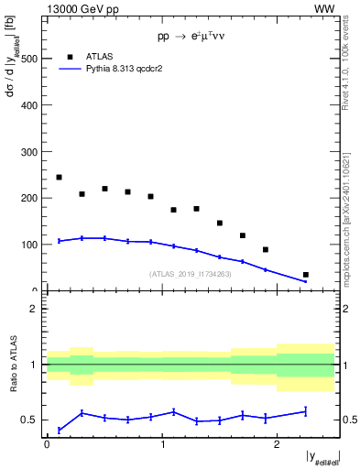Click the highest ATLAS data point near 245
pyautogui.click(x=59, y=177)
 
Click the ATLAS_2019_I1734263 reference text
pyautogui.click(x=191, y=274)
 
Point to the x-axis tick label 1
pyautogui.click(x=162, y=445)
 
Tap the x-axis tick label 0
pyautogui.click(x=47, y=445)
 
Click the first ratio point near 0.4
pyautogui.click(x=59, y=430)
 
